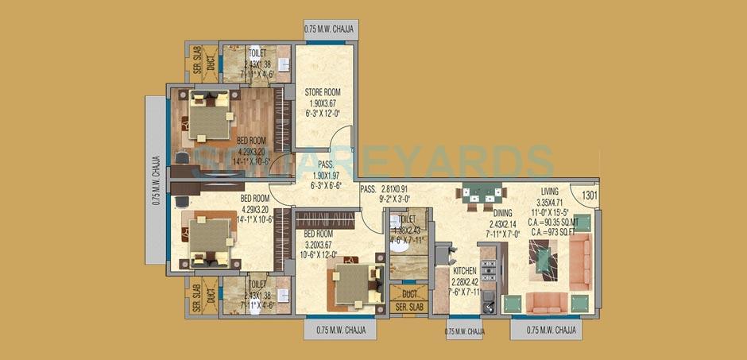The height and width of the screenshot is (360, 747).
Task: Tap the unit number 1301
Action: [x=589, y=195]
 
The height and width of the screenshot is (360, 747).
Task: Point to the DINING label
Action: [x=501, y=212]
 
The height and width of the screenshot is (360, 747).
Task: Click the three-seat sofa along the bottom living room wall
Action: [x=548, y=302]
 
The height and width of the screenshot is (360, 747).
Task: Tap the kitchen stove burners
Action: [x=490, y=273]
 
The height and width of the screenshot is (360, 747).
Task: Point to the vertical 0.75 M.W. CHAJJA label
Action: [x=157, y=181]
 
